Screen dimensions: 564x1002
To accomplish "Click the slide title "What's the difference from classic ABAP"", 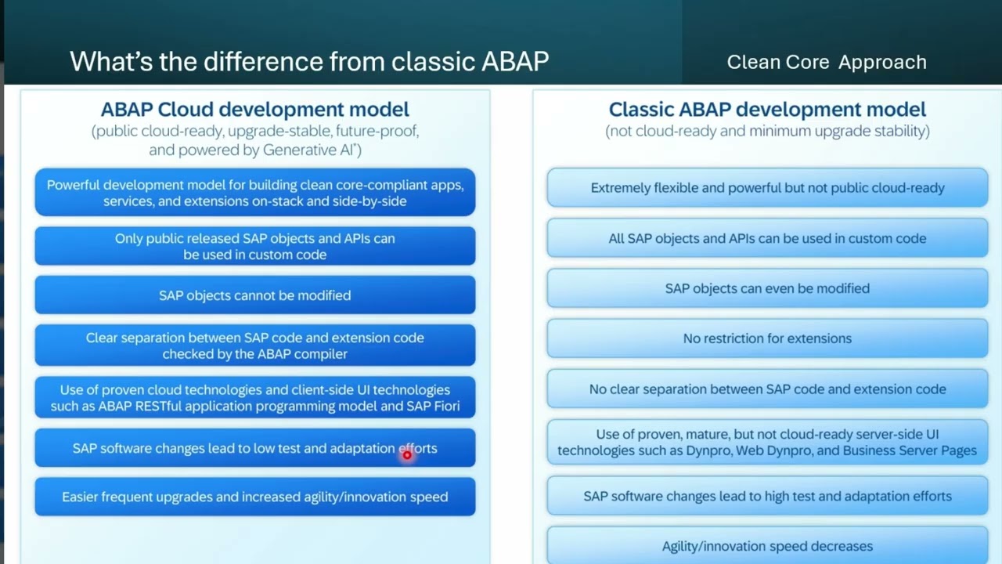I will pos(309,61).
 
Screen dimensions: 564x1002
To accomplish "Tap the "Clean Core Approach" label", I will pos(827,62).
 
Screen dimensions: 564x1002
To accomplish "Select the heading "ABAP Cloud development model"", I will pos(254,109).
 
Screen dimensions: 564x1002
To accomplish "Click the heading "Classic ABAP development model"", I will pos(767,109).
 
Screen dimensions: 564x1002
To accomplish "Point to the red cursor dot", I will pos(407,454).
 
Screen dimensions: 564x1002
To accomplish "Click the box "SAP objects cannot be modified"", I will pos(254,295).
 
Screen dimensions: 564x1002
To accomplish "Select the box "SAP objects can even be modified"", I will pos(767,288).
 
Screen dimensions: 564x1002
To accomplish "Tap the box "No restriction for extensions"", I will pos(767,338).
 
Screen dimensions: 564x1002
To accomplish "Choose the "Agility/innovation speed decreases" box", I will pos(767,546).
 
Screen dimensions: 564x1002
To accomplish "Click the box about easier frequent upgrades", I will pos(254,497).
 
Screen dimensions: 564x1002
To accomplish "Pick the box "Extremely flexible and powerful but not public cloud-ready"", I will pos(767,188).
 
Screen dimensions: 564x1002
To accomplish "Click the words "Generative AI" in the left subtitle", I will pos(311,150).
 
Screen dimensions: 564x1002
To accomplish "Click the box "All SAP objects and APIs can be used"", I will pos(767,238).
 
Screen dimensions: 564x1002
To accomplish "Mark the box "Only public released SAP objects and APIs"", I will pos(254,246).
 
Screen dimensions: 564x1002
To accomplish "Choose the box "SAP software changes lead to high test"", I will pos(767,496).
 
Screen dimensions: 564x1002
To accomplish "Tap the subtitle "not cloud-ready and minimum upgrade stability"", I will pos(767,131).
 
